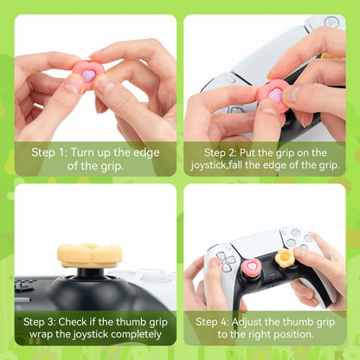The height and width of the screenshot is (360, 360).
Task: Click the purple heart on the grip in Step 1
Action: (88, 75)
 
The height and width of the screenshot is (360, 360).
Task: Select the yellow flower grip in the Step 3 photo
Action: (89, 255)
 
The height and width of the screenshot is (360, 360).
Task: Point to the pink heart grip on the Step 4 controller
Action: (250, 267)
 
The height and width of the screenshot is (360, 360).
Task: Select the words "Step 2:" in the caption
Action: (224, 151)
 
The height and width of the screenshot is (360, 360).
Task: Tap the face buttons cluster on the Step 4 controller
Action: (296, 238)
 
